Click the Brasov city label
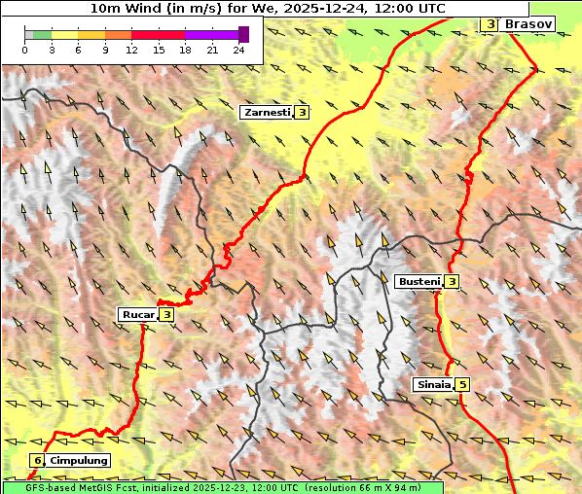click(x=528, y=23)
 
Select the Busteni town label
click(x=419, y=282)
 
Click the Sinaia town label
click(x=433, y=384)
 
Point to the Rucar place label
click(x=137, y=314)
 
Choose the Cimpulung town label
click(x=78, y=460)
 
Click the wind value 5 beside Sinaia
click(x=462, y=384)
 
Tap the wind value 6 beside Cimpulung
click(x=38, y=460)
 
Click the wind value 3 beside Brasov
click(x=490, y=23)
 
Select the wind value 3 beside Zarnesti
click(x=303, y=113)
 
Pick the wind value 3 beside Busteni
click(x=452, y=282)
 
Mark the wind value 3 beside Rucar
click(x=166, y=314)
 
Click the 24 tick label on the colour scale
click(x=238, y=50)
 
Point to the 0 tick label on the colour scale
click(x=25, y=50)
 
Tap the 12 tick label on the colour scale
click(x=131, y=50)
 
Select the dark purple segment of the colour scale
click(x=243, y=34)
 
